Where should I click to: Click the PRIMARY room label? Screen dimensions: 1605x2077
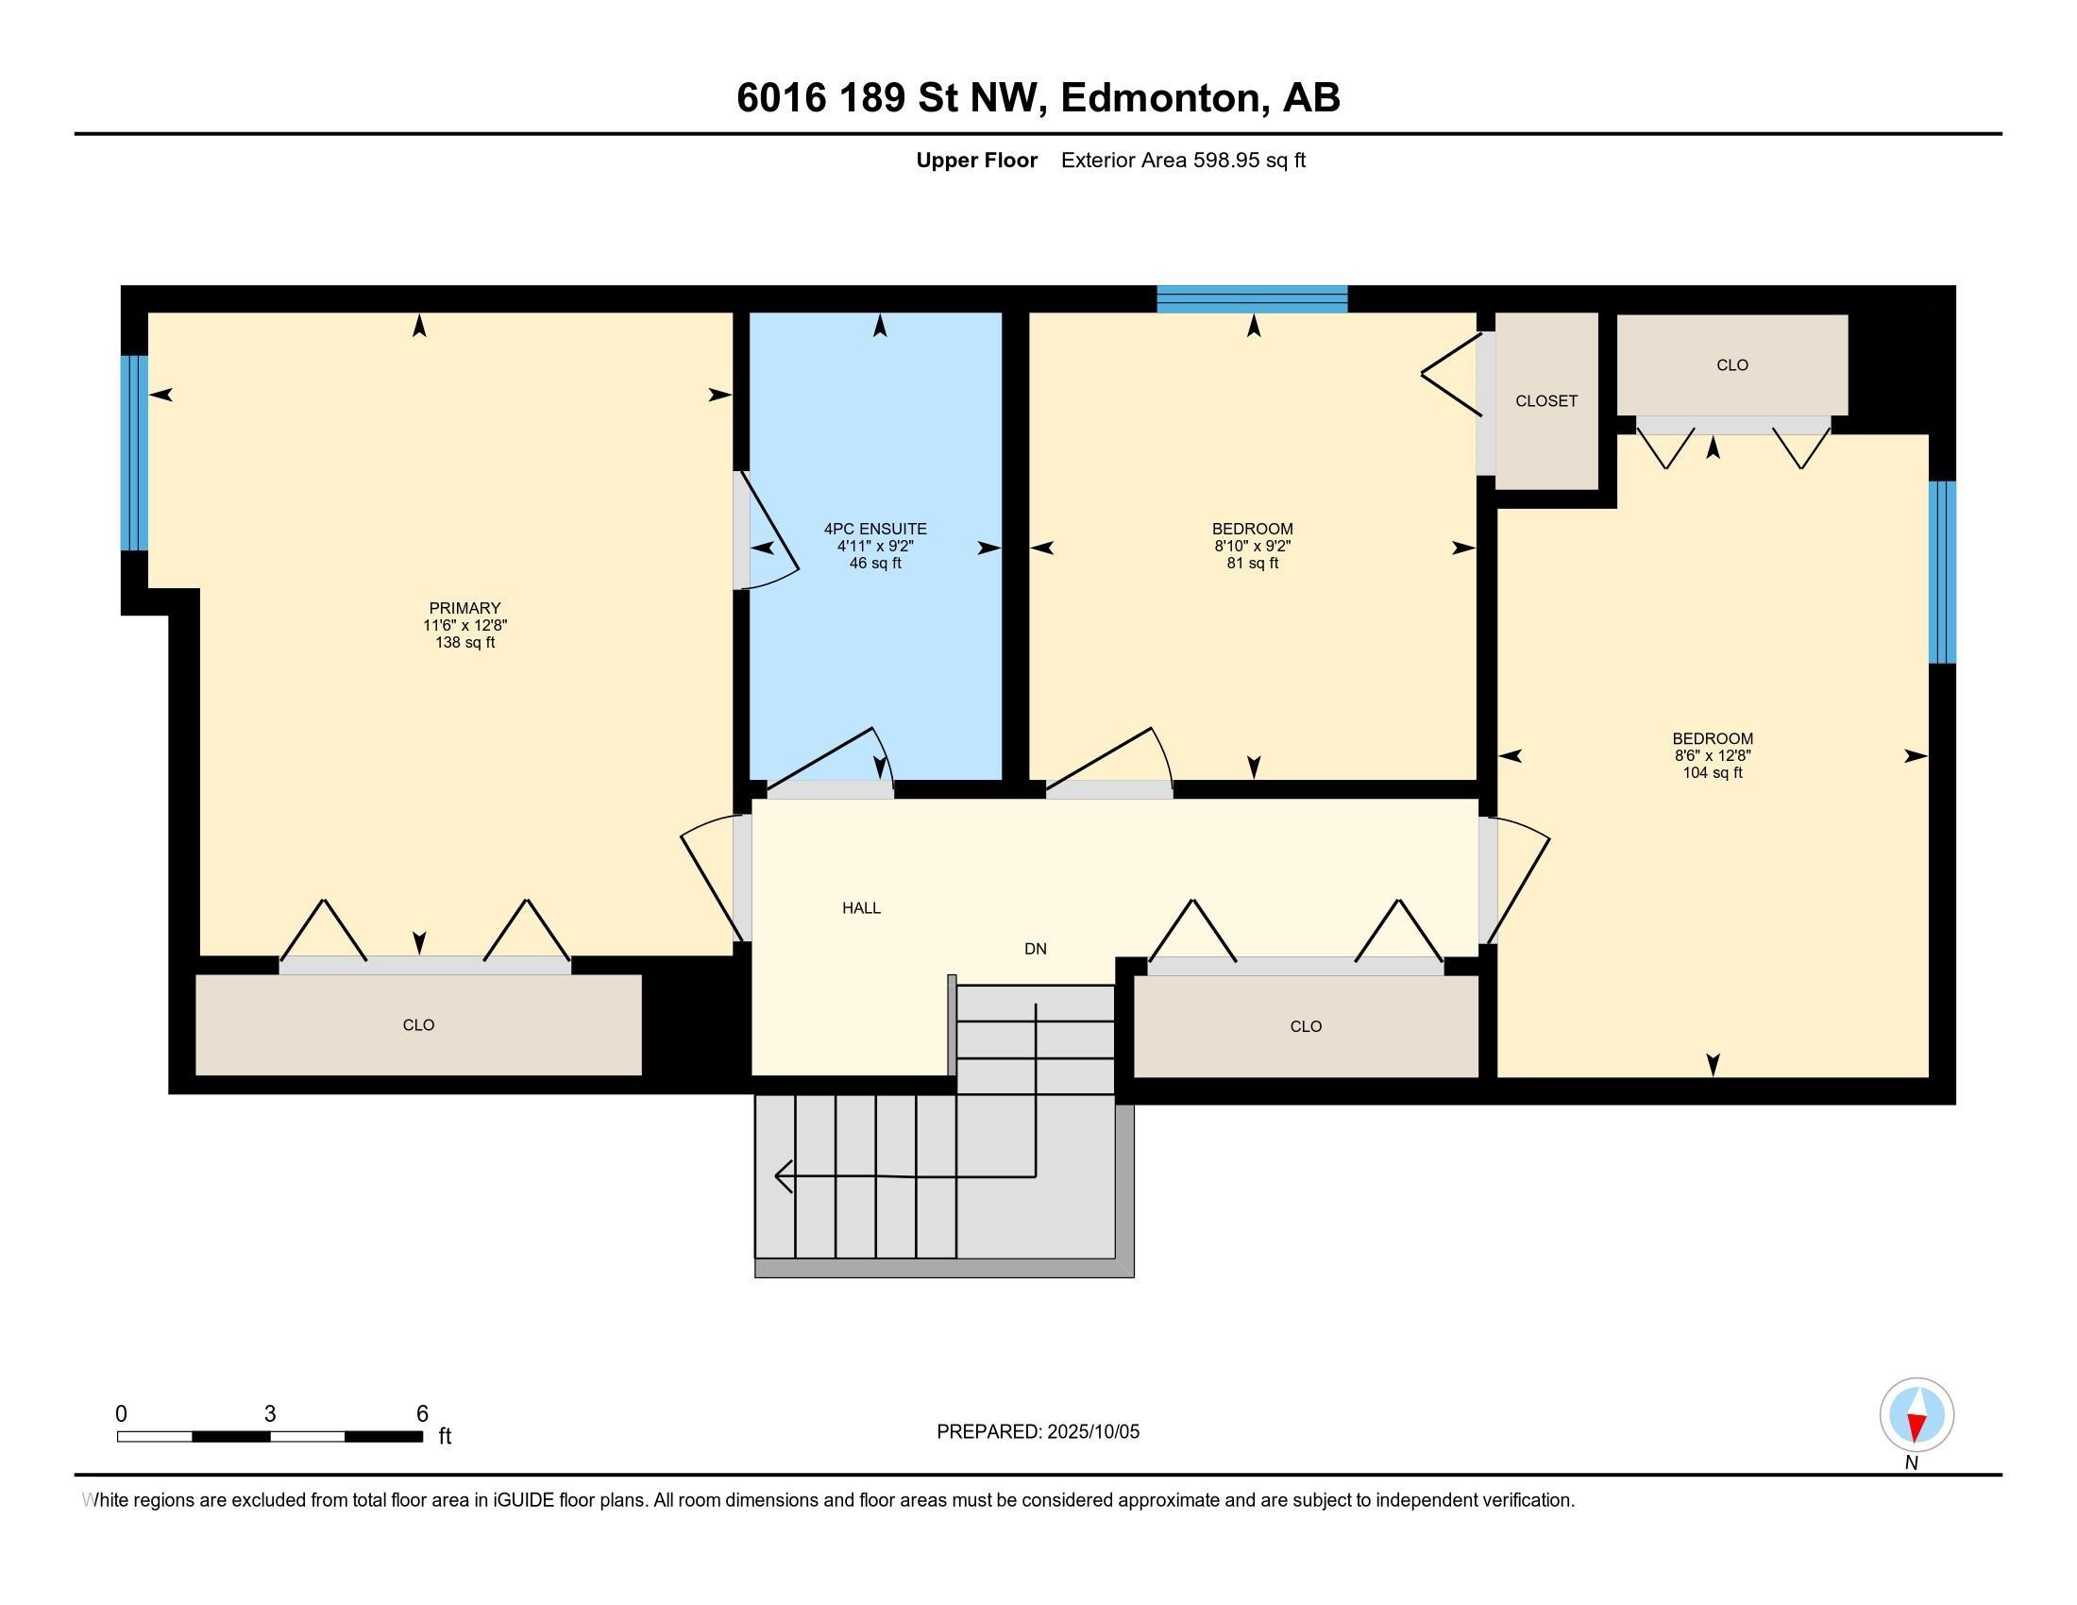pos(464,609)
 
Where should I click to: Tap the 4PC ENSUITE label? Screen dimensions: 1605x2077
pos(875,529)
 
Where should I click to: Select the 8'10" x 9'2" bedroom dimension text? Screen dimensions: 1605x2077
pos(1252,547)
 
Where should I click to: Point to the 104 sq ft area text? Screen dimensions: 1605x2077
pos(1712,773)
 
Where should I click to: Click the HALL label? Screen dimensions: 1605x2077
pos(861,908)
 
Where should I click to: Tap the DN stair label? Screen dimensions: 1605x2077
pos(1035,949)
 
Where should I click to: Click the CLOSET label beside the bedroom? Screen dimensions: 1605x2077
pos(1545,401)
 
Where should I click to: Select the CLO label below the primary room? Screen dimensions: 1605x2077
pos(418,1025)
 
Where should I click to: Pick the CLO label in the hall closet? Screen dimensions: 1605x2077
pos(1305,1027)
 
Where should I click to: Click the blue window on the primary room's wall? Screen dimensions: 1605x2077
pos(134,452)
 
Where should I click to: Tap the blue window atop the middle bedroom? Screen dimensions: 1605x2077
pos(1252,298)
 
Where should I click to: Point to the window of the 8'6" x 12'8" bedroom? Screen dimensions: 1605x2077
pos(1941,571)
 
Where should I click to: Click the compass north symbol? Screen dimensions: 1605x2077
pos(1917,1415)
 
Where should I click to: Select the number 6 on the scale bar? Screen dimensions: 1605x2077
pos(422,1414)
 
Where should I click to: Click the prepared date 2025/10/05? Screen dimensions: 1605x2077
pos(1091,1432)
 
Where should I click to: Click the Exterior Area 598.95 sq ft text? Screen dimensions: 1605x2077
pos(1182,160)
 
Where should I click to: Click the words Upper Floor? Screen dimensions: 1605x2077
pos(976,160)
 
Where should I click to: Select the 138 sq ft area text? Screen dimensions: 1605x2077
pos(464,643)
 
